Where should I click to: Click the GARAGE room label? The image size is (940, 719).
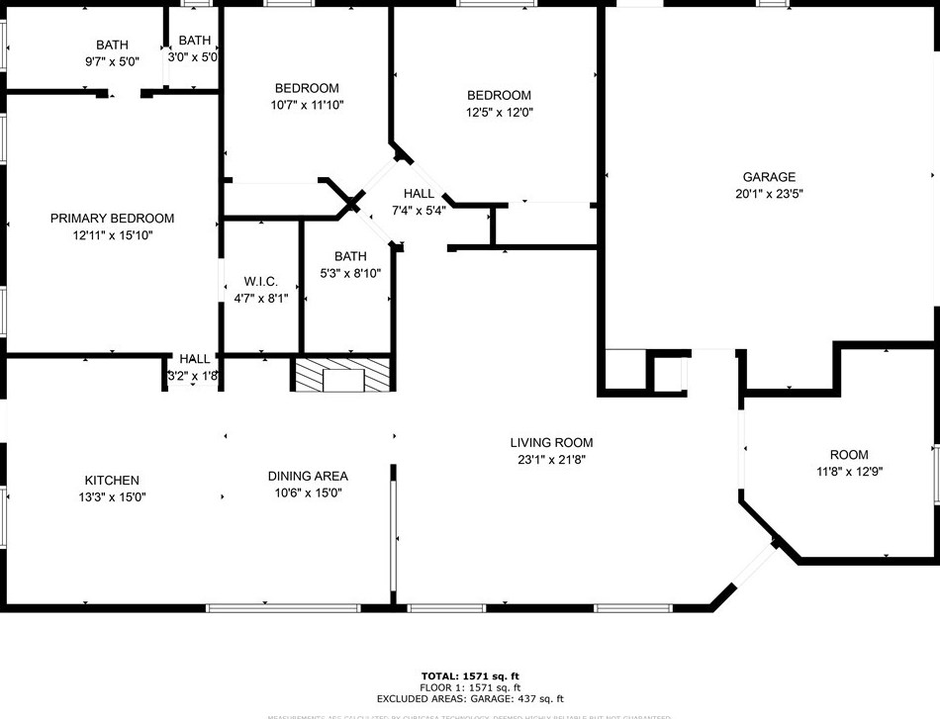pyautogui.click(x=768, y=177)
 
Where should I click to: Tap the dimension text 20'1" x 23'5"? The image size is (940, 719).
pyautogui.click(x=768, y=195)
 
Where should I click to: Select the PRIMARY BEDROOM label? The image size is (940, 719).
pyautogui.click(x=112, y=219)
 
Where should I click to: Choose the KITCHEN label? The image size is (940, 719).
pyautogui.click(x=111, y=481)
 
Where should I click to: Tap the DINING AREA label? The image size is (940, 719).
pyautogui.click(x=308, y=476)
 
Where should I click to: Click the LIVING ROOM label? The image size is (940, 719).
pyautogui.click(x=551, y=443)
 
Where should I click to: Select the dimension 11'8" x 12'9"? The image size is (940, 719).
pyautogui.click(x=848, y=472)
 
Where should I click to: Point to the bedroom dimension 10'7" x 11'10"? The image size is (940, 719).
pyautogui.click(x=306, y=105)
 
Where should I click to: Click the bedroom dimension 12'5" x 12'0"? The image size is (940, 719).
pyautogui.click(x=499, y=113)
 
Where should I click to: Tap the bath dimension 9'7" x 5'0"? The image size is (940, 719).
pyautogui.click(x=111, y=61)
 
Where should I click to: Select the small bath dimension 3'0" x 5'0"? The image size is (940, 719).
pyautogui.click(x=195, y=57)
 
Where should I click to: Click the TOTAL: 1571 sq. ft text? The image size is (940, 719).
pyautogui.click(x=470, y=675)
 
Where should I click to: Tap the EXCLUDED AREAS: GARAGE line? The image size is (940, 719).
pyautogui.click(x=470, y=699)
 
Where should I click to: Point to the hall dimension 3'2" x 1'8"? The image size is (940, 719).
pyautogui.click(x=193, y=376)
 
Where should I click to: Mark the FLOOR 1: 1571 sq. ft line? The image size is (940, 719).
pyautogui.click(x=470, y=687)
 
